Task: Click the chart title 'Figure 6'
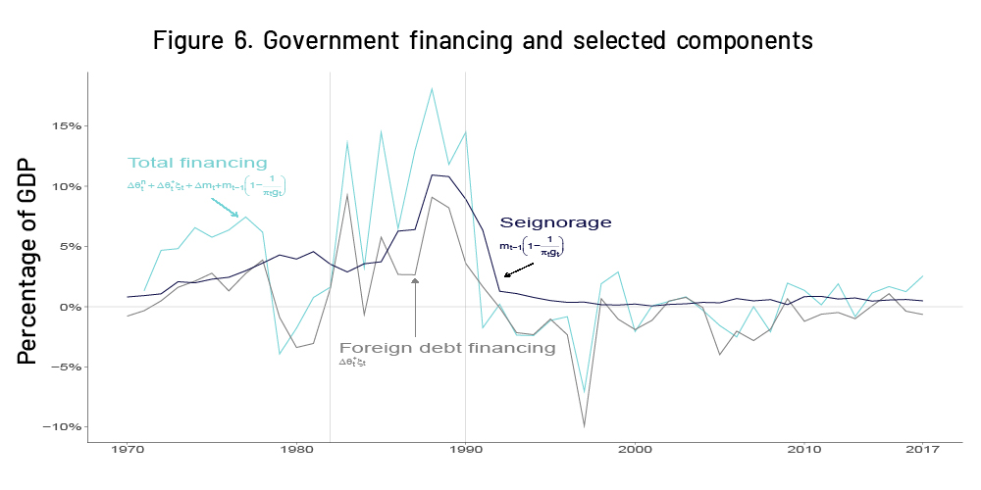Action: click(483, 41)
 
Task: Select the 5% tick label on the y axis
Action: click(67, 246)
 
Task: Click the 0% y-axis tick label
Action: click(67, 307)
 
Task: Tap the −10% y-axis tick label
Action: click(60, 427)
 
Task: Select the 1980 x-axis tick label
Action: click(296, 449)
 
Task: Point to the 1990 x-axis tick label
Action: click(465, 449)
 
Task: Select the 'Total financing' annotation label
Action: click(197, 163)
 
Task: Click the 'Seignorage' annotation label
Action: click(555, 222)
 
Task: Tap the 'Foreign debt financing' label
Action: click(447, 347)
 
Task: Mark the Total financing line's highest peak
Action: click(432, 88)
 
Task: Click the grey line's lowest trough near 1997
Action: click(585, 426)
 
